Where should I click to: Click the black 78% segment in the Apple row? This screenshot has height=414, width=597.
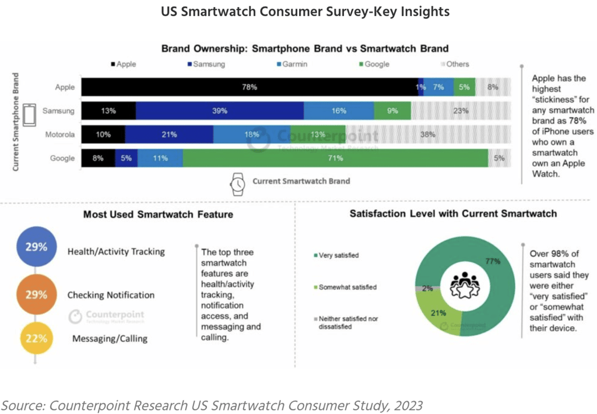[250, 87]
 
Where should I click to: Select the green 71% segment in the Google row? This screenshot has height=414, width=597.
[335, 158]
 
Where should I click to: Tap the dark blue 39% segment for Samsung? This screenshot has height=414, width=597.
[220, 111]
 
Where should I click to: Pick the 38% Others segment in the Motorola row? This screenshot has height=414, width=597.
[429, 134]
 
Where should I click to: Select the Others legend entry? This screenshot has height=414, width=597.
[455, 64]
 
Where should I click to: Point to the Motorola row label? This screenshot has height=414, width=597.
[60, 134]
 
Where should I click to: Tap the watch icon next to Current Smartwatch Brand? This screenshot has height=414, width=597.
[237, 184]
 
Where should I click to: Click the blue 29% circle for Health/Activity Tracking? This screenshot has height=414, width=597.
[36, 247]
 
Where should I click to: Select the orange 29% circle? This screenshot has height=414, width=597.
[36, 294]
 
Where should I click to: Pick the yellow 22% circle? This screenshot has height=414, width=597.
[36, 338]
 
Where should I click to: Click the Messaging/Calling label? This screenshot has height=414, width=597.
[110, 339]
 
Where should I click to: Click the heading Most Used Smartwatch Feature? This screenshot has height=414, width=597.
[158, 214]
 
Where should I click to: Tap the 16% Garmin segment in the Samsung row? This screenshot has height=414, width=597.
[339, 111]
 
